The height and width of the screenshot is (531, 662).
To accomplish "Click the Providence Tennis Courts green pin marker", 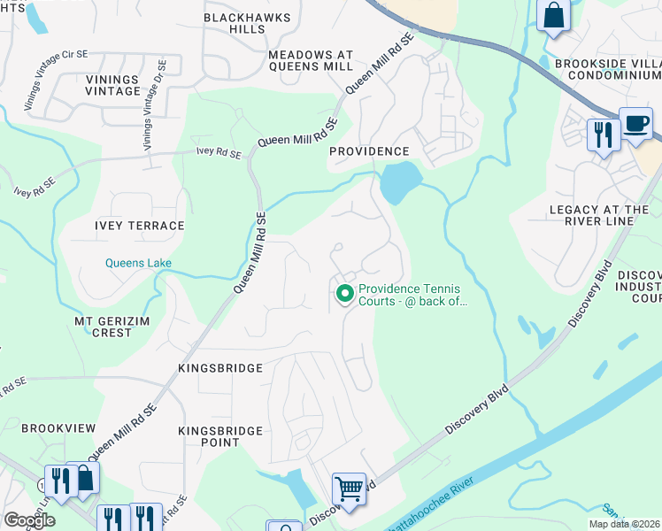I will coord(343,292).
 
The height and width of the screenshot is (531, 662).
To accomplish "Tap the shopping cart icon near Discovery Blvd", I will coord(349,489).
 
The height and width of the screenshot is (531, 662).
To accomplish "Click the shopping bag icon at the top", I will coord(554,15).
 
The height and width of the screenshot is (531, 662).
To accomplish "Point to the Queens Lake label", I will coord(138,263).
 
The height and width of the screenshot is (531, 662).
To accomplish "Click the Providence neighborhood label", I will coord(369,151).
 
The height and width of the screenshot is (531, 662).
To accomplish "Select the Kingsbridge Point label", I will coord(208,436).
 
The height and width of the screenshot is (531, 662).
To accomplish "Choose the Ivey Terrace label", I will coord(140,226).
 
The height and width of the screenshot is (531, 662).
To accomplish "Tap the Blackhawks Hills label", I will coord(235,23).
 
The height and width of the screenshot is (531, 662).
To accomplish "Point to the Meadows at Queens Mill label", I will coord(310,60).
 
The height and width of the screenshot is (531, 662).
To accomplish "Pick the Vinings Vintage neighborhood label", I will coord(112,85).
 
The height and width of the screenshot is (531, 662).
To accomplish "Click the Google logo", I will coord(29,520).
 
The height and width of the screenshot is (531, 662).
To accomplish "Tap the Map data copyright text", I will coord(624,524).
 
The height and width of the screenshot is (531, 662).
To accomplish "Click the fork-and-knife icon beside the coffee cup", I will coord(602,134).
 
